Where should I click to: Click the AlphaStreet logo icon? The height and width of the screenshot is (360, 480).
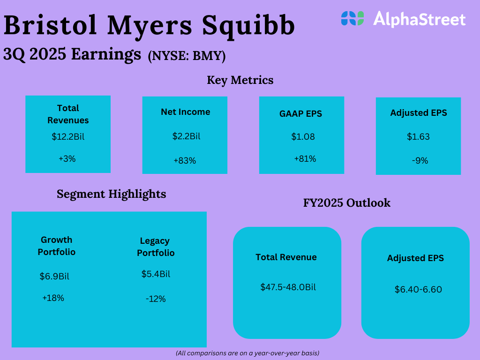point(352,18)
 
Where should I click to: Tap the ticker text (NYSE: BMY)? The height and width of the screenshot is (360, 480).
point(187,56)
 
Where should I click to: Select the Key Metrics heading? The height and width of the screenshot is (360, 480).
point(240,80)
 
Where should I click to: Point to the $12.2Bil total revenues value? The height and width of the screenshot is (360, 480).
point(68,137)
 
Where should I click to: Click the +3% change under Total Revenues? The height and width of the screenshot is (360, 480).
point(67,159)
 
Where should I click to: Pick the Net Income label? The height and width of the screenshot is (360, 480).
point(186,112)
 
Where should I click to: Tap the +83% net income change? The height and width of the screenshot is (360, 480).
point(185,161)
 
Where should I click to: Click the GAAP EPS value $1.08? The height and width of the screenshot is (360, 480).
point(303,137)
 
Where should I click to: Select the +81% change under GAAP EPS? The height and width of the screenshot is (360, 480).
point(305,159)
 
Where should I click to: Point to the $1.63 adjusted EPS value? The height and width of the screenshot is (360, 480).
point(418,137)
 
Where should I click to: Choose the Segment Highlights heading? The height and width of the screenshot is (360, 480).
point(112,194)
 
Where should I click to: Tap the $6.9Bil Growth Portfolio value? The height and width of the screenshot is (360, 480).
point(54,277)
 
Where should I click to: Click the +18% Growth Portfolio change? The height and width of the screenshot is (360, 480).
point(53,298)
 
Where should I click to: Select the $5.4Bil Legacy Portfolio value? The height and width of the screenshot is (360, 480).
point(156,274)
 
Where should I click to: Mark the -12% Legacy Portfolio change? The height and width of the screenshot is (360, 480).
point(156,299)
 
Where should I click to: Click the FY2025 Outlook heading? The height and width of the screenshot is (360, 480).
point(347,203)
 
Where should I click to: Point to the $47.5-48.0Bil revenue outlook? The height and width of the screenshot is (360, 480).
point(288,287)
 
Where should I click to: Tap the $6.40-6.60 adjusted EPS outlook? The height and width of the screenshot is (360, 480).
point(418,290)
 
